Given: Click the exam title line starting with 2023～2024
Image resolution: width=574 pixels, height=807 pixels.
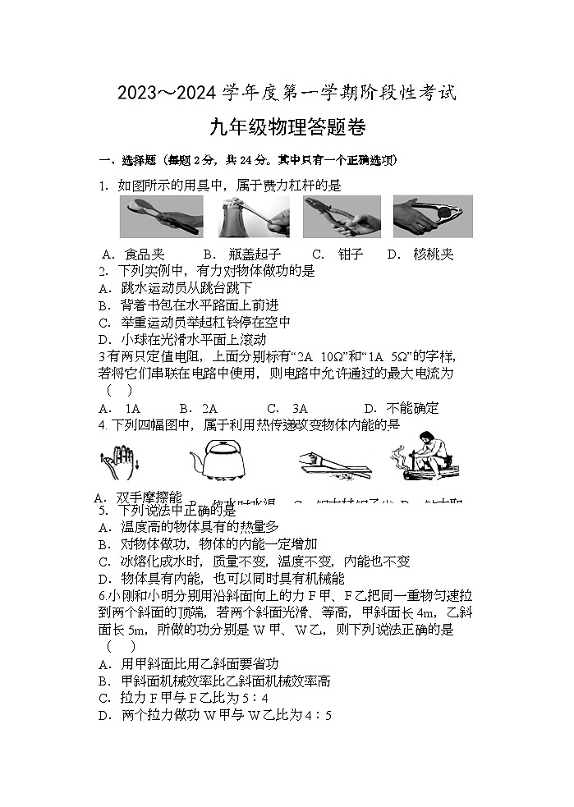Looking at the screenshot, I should pyautogui.click(x=287, y=92).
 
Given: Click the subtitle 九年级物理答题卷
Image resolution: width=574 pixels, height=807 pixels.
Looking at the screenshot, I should pyautogui.click(x=287, y=128).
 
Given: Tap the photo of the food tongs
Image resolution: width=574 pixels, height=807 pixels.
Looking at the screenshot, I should pyautogui.click(x=162, y=217).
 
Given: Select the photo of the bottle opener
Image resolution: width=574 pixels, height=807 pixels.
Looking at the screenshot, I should pyautogui.click(x=254, y=217).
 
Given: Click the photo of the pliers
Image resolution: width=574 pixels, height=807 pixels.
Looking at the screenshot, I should pyautogui.click(x=342, y=217).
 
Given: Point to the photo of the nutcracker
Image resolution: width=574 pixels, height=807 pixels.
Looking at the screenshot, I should pyautogui.click(x=432, y=217).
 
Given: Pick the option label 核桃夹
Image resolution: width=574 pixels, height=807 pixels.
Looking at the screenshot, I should pyautogui.click(x=433, y=254).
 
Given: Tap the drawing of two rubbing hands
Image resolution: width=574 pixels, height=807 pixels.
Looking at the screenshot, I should pyautogui.click(x=117, y=460).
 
